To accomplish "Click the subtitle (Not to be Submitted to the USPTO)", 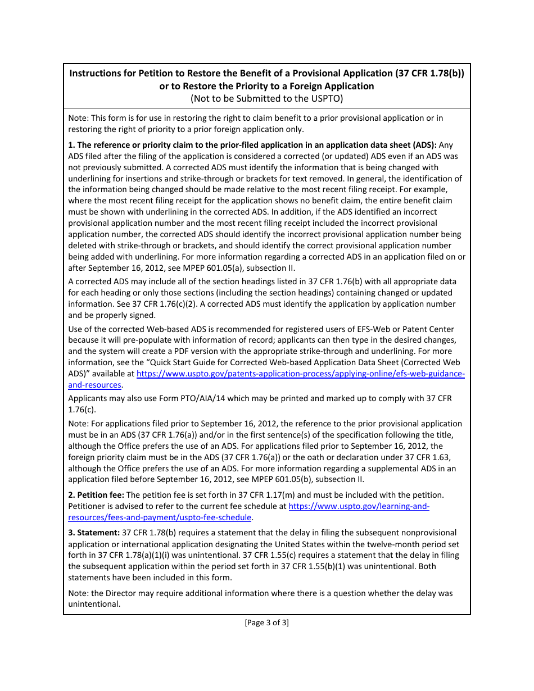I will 266,98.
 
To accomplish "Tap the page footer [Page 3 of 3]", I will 266,622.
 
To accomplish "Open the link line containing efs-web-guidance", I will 300,374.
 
